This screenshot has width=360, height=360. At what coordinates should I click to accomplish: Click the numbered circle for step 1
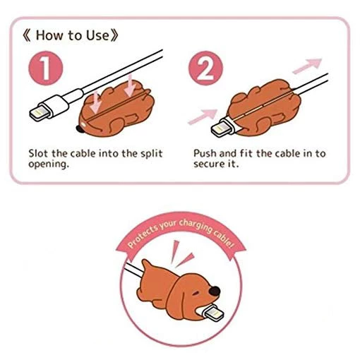click(x=46, y=68)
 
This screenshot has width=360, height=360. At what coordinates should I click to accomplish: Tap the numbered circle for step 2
click(x=205, y=68)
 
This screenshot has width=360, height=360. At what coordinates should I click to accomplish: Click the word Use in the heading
click(x=98, y=35)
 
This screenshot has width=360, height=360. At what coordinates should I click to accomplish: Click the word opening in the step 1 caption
click(x=49, y=164)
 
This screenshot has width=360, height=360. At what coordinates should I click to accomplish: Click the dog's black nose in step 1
click(x=80, y=128)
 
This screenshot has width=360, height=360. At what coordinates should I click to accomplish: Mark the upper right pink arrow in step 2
click(x=307, y=66)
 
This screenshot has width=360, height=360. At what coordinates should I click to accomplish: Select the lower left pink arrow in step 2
click(x=203, y=116)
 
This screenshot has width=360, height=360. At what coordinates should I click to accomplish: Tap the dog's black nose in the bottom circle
click(x=215, y=292)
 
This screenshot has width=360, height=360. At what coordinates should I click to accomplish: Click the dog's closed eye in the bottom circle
click(x=196, y=294)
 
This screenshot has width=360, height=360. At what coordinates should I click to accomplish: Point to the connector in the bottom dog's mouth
click(x=211, y=313)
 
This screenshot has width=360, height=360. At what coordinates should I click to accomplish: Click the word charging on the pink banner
click(x=196, y=226)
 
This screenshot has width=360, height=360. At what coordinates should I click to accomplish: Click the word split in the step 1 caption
click(x=152, y=154)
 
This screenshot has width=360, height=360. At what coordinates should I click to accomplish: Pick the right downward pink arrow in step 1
click(x=130, y=86)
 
